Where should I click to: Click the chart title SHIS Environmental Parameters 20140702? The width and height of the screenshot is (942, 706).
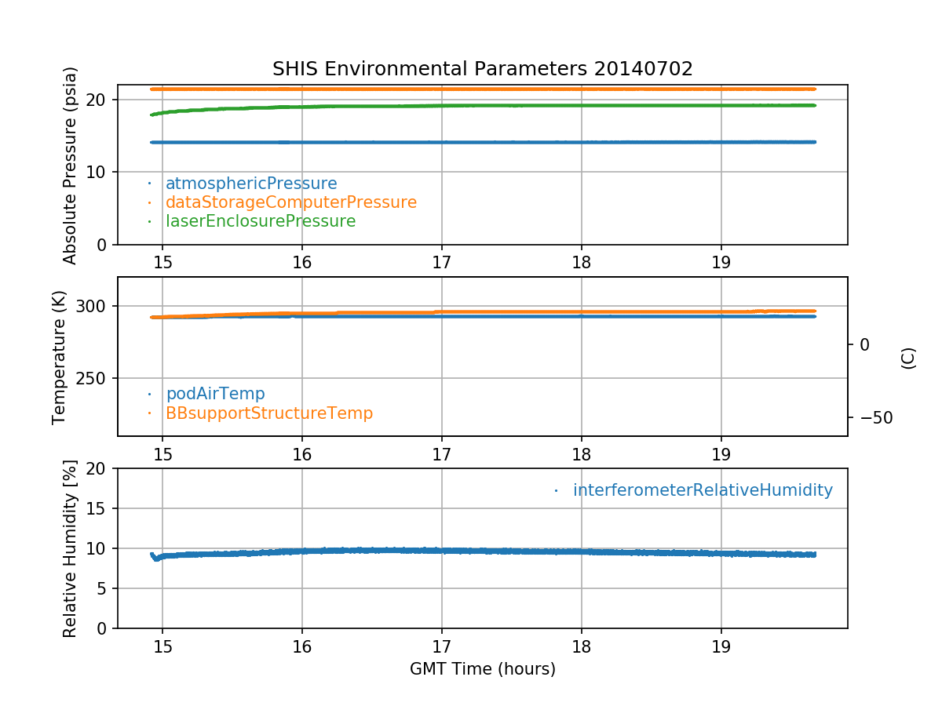click(x=482, y=69)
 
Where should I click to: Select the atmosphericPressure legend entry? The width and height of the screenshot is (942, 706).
click(x=251, y=184)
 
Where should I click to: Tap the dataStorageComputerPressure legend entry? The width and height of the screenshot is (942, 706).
click(x=290, y=202)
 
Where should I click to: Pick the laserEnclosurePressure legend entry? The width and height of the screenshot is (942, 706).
click(x=261, y=221)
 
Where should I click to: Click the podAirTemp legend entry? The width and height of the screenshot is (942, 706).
click(x=215, y=394)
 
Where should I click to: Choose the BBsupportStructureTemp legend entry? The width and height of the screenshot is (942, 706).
click(x=269, y=413)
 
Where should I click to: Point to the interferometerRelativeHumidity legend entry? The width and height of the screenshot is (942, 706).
click(x=703, y=490)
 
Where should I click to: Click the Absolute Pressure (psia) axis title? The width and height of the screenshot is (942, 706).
click(x=71, y=165)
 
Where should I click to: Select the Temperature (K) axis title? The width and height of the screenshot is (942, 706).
click(x=60, y=357)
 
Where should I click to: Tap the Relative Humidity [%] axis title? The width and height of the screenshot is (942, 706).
click(x=71, y=548)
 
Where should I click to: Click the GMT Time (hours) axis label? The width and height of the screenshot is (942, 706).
click(x=482, y=669)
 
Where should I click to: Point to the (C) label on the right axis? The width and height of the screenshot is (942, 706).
click(x=908, y=358)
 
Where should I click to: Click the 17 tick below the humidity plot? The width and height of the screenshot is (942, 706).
click(x=441, y=647)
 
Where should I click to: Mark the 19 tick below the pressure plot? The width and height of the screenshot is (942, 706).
click(x=721, y=262)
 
